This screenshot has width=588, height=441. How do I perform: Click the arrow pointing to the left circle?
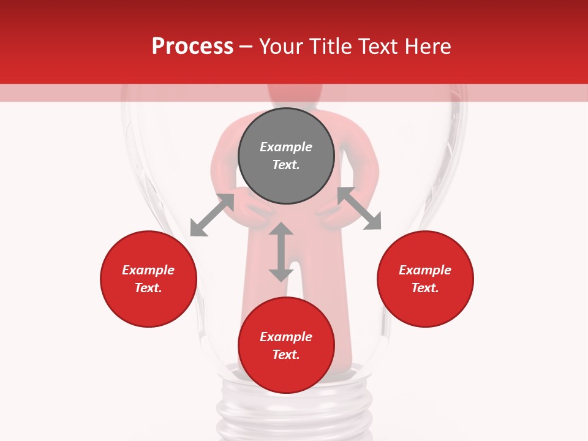pyautogui.click(x=212, y=215)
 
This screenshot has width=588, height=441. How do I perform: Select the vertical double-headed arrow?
pyautogui.click(x=281, y=252)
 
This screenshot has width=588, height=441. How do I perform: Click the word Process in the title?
pyautogui.click(x=192, y=46)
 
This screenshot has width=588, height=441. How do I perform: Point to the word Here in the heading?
pyautogui.click(x=427, y=46)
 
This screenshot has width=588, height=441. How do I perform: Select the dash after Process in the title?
pyautogui.click(x=246, y=47)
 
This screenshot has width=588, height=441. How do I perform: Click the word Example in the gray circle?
pyautogui.click(x=286, y=147)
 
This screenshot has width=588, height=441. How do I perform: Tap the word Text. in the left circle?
pyautogui.click(x=148, y=288)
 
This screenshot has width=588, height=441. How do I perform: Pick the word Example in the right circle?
pyautogui.click(x=425, y=270)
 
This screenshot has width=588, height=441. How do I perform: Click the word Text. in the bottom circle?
pyautogui.click(x=286, y=355)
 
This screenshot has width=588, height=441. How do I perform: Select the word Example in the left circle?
pyautogui.click(x=148, y=270)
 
